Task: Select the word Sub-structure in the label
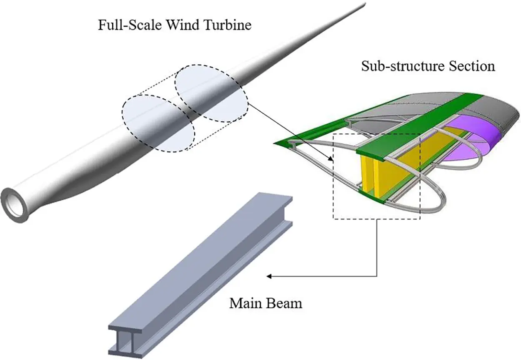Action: [398, 66]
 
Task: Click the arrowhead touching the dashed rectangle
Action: [333, 159]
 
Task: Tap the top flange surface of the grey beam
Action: [200, 259]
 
